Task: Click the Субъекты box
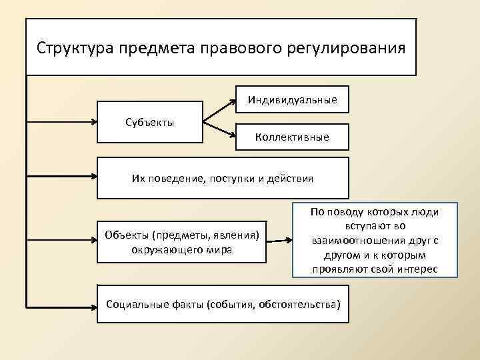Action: tap(150, 122)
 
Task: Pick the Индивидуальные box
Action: tap(293, 100)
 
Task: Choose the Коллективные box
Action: tap(292, 137)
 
